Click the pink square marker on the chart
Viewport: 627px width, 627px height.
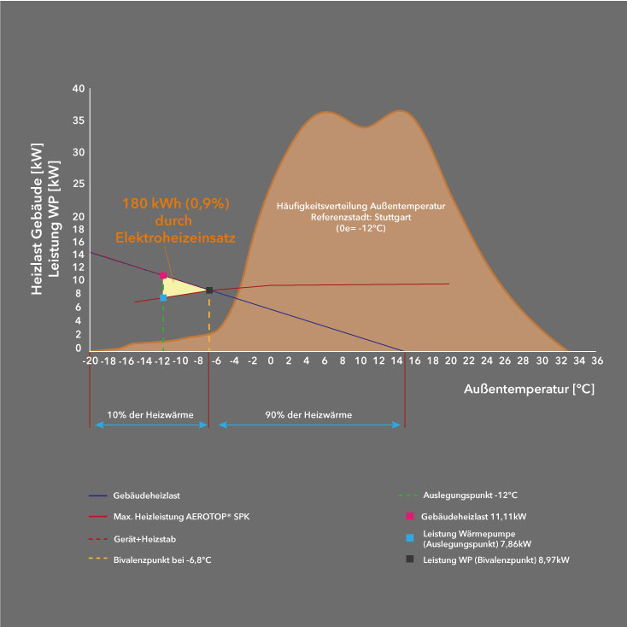[163, 275]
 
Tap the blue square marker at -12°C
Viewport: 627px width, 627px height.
[163, 297]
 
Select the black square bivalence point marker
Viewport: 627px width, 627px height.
[209, 290]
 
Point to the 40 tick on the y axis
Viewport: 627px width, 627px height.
[78, 89]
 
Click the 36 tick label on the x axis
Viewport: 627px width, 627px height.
[597, 361]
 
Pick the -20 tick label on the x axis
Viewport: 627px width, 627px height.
[90, 361]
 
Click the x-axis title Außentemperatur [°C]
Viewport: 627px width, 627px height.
[529, 390]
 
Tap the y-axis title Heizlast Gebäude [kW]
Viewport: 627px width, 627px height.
[36, 220]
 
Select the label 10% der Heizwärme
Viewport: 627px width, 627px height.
[149, 415]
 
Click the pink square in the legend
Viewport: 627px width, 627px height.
[410, 516]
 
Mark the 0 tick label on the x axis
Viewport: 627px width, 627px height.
[271, 361]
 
